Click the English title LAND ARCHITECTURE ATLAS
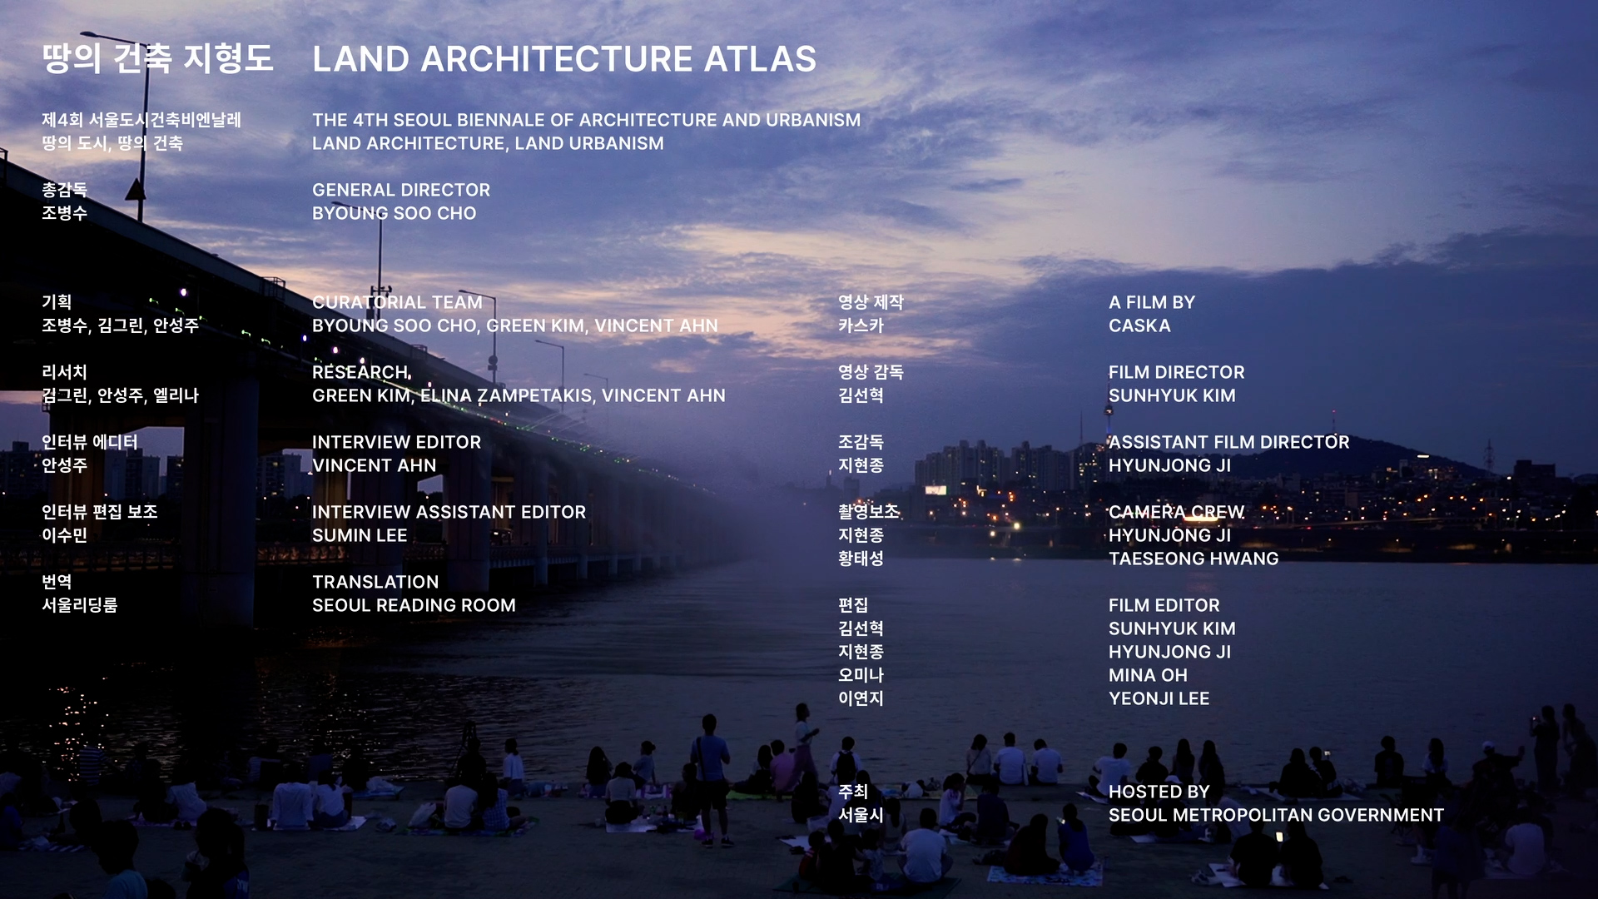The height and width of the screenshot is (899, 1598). click(564, 59)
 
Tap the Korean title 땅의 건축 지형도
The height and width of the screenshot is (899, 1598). click(157, 58)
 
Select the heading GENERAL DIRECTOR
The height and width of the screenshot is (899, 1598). click(401, 190)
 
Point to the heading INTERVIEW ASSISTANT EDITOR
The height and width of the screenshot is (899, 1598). click(449, 512)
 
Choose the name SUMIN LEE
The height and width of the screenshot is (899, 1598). click(360, 535)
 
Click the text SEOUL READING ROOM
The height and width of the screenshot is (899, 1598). click(414, 605)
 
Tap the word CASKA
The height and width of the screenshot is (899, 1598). click(1139, 325)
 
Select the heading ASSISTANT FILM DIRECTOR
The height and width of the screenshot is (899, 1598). click(1228, 442)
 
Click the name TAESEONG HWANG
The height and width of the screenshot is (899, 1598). click(1194, 559)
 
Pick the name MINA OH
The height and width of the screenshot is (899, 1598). click(1148, 675)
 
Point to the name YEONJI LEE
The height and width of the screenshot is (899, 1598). click(1159, 698)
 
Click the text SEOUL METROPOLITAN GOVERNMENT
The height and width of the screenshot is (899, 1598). click(1276, 815)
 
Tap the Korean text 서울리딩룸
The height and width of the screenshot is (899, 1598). click(80, 605)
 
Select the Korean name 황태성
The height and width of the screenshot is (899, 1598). click(861, 559)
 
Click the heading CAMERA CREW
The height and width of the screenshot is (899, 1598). click(1176, 512)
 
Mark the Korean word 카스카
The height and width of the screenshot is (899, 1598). click(861, 325)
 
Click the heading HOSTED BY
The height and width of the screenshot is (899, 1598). click(1159, 792)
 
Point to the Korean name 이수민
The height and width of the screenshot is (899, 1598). click(64, 535)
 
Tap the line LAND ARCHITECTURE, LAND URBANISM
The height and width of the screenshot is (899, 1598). click(488, 143)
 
